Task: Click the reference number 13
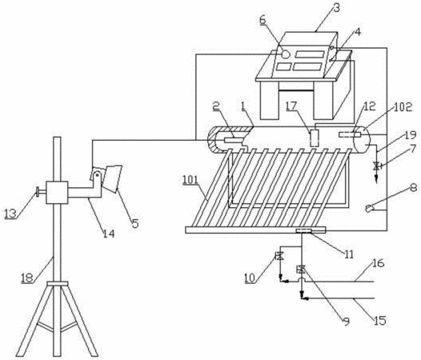[x=10, y=214]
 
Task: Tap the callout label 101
[x=190, y=179]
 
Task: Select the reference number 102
[x=403, y=107]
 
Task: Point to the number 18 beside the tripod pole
[x=27, y=278]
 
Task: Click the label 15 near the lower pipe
[x=380, y=320]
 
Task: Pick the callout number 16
[x=379, y=263]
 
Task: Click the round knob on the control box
[x=286, y=54]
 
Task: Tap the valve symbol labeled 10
[x=279, y=255]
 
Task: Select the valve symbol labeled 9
[x=302, y=269]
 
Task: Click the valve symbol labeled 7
[x=377, y=166]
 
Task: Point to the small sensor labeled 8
[x=370, y=208]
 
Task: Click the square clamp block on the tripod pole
[x=57, y=193]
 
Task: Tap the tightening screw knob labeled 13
[x=39, y=192]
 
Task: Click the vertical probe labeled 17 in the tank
[x=314, y=138]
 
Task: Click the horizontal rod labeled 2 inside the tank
[x=233, y=140]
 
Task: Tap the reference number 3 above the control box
[x=336, y=7]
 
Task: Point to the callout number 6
[x=263, y=20]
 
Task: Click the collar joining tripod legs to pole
[x=57, y=283]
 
